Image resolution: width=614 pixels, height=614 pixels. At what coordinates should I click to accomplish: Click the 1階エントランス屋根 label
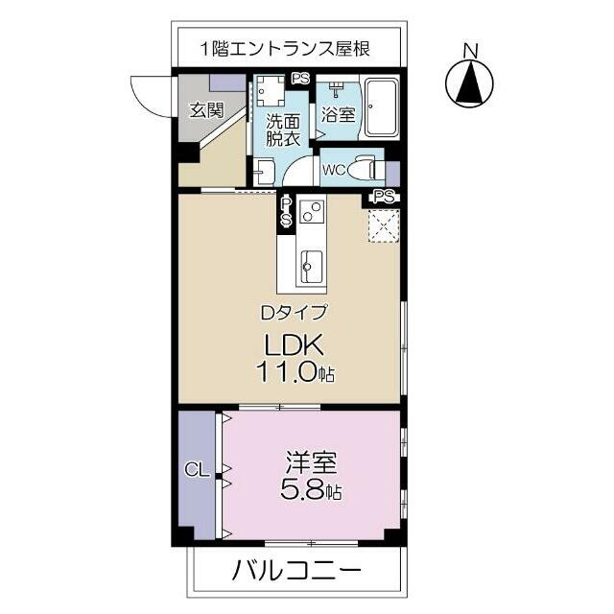[x=285, y=48]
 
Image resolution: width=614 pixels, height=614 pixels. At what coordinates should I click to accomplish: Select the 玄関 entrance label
[x=205, y=109]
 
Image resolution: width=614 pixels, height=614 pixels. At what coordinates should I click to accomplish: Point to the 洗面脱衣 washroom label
[x=284, y=130]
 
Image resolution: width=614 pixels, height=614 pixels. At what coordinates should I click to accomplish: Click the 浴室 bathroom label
[x=338, y=114]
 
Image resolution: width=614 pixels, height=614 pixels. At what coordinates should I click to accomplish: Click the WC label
[x=335, y=171]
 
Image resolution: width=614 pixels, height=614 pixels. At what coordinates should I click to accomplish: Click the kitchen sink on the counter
[x=312, y=261]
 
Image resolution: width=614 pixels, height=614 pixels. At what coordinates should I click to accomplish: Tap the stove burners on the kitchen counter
[x=313, y=214]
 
